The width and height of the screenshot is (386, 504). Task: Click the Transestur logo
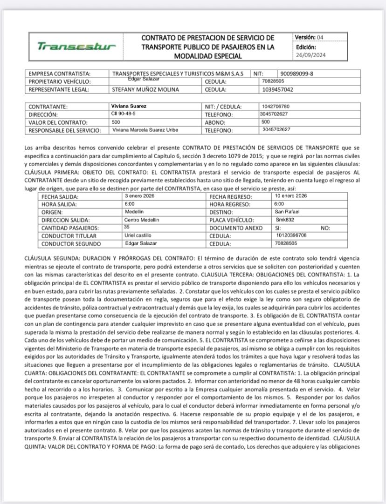coord(76,47)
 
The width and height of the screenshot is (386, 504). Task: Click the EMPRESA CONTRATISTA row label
coord(60,74)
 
